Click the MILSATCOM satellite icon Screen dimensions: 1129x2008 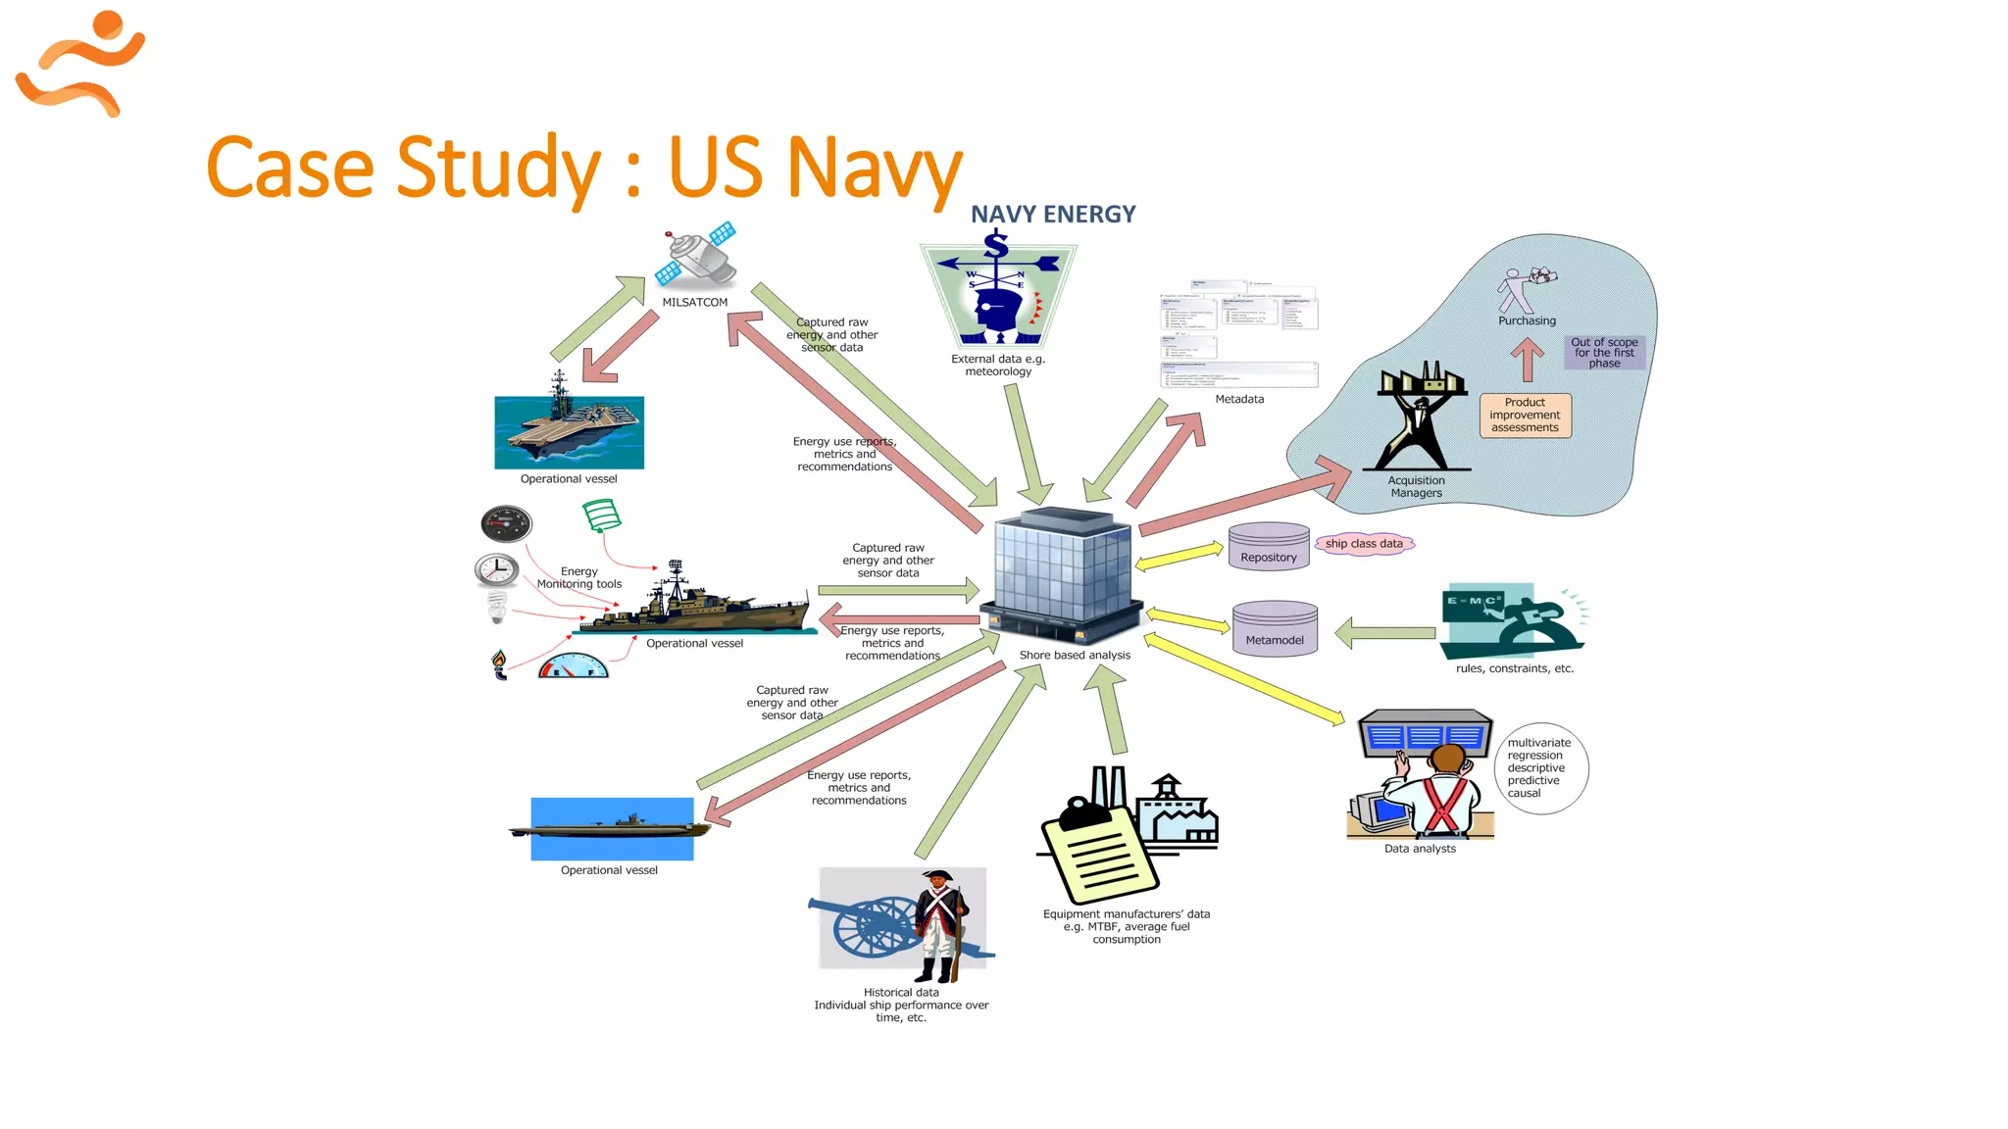[x=697, y=255]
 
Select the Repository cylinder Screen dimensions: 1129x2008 [x=1269, y=546]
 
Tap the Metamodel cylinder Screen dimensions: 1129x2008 [x=1275, y=628]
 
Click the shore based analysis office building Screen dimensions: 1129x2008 [x=1063, y=574]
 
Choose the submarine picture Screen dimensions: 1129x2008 [x=612, y=828]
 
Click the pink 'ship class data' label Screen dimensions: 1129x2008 [x=1364, y=544]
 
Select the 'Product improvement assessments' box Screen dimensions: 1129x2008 [x=1525, y=416]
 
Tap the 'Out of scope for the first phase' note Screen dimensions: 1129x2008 [x=1604, y=353]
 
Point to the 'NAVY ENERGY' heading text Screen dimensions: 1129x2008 [x=1053, y=215]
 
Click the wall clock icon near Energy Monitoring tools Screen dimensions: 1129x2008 [x=496, y=569]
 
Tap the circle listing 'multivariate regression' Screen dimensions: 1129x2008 [x=1540, y=768]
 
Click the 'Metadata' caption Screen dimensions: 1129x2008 [x=1239, y=399]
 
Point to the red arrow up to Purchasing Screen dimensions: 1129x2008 [x=1527, y=360]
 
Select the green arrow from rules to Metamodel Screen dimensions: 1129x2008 [x=1385, y=633]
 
